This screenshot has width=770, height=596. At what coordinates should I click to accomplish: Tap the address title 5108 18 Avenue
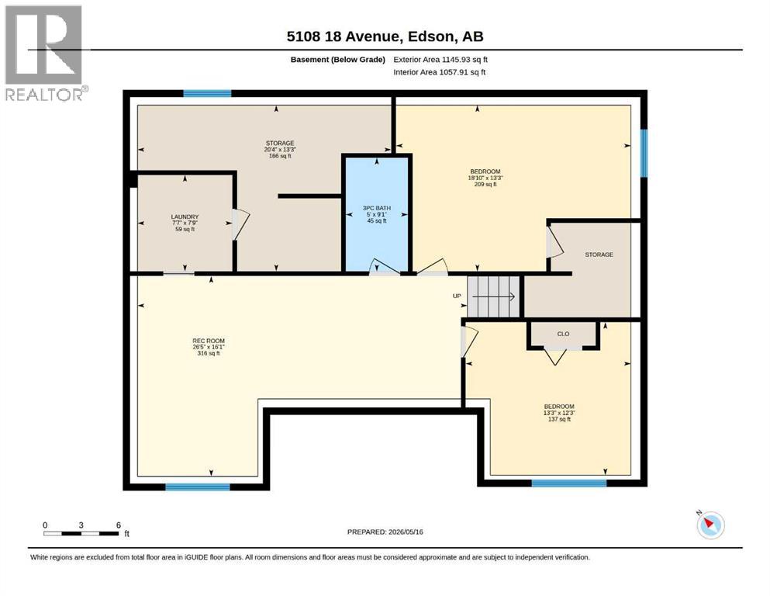pyautogui.click(x=344, y=36)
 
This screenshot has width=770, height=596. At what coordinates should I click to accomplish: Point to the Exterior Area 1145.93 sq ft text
pyautogui.click(x=440, y=60)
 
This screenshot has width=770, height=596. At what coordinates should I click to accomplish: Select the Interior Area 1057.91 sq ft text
pyautogui.click(x=440, y=72)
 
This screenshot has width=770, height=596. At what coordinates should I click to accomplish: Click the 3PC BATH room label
pyautogui.click(x=377, y=214)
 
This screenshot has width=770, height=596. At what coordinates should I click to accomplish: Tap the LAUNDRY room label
pyautogui.click(x=185, y=223)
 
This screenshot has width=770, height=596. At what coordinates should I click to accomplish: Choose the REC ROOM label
pyautogui.click(x=209, y=347)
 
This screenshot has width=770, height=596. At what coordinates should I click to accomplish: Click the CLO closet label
pyautogui.click(x=563, y=334)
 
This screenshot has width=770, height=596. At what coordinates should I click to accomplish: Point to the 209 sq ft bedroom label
pyautogui.click(x=485, y=178)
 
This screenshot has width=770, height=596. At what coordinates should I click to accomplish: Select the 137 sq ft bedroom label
pyautogui.click(x=559, y=413)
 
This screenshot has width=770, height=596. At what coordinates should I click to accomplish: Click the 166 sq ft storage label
pyautogui.click(x=280, y=149)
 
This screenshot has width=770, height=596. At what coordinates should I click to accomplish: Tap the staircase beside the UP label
pyautogui.click(x=493, y=296)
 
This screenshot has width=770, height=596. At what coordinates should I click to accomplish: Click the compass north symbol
pyautogui.click(x=710, y=525)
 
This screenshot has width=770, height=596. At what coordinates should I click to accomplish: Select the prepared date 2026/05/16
pyautogui.click(x=385, y=532)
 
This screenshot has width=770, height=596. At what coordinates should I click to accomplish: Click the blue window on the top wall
pyautogui.click(x=207, y=93)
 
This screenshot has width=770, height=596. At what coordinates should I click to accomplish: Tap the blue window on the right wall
pyautogui.click(x=644, y=153)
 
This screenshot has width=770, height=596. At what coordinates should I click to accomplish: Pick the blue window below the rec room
pyautogui.click(x=198, y=487)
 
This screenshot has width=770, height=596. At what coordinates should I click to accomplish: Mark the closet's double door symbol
pyautogui.click(x=555, y=355)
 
